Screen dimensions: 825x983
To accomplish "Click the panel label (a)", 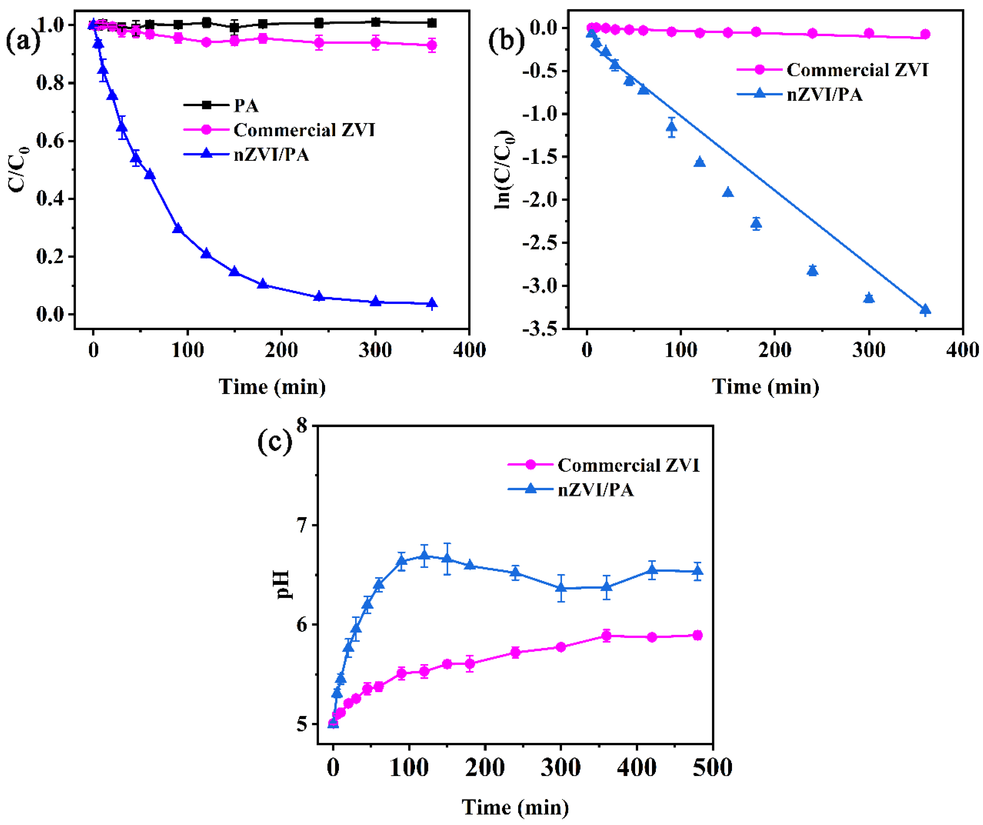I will [23, 41].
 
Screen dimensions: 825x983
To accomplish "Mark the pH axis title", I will [282, 584].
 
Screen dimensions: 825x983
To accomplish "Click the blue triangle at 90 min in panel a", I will [178, 229].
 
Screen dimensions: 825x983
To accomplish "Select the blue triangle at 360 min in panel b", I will [925, 309].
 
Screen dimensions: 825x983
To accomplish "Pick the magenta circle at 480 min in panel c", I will [697, 636].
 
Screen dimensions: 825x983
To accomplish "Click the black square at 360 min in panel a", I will [432, 23].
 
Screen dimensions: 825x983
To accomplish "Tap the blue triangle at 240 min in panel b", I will [813, 270].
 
